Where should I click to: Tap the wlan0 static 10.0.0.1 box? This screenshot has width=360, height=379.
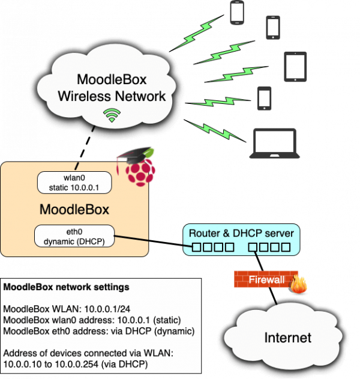(74, 183)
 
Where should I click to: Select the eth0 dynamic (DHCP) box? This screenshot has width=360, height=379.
(74, 235)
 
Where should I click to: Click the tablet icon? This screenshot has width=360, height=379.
(296, 67)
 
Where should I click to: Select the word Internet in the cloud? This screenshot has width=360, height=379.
(289, 338)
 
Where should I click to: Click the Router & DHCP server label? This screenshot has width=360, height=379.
(241, 233)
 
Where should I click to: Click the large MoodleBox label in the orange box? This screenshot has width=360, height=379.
(74, 210)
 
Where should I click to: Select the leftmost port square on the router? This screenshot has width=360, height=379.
(197, 247)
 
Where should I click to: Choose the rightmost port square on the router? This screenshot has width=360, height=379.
(286, 247)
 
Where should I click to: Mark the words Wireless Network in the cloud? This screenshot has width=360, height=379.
(111, 96)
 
